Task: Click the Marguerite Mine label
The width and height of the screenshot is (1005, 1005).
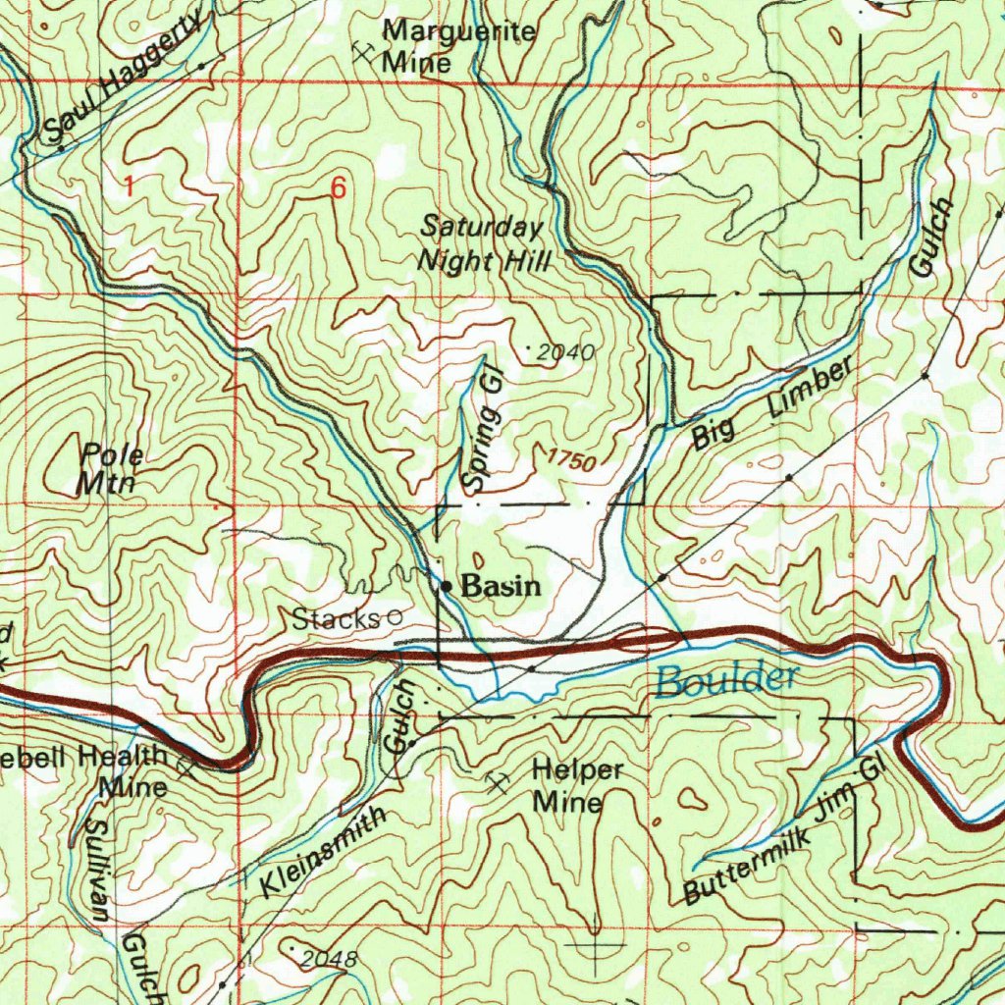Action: pos(458,46)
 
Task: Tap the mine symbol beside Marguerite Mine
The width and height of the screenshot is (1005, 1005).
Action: pos(365,52)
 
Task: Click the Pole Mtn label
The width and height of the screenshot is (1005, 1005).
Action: pos(111,468)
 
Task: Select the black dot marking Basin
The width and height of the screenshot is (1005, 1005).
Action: pos(446,587)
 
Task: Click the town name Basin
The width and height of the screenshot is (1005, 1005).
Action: pos(501,587)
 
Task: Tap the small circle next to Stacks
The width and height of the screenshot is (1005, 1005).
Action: pos(395,617)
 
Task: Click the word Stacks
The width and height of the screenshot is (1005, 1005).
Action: pos(336,618)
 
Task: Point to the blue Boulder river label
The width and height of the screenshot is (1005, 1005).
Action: pos(727,678)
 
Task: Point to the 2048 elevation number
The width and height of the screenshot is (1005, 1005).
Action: pos(327,958)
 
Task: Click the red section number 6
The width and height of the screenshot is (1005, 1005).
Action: pos(338,190)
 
